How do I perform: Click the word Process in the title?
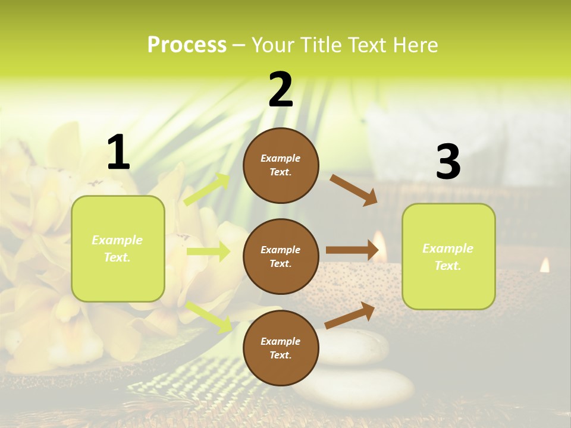pyautogui.click(x=187, y=45)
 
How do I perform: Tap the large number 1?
pyautogui.click(x=118, y=153)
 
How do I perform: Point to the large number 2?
pyautogui.click(x=281, y=90)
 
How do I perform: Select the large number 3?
pyautogui.click(x=448, y=162)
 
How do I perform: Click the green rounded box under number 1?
pyautogui.click(x=118, y=248)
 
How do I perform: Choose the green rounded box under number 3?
pyautogui.click(x=448, y=257)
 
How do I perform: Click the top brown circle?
pyautogui.click(x=281, y=165)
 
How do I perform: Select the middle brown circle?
pyautogui.click(x=281, y=257)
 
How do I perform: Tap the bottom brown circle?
pyautogui.click(x=281, y=348)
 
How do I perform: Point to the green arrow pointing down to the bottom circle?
pyautogui.click(x=209, y=316)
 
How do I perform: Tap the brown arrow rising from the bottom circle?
pyautogui.click(x=350, y=315)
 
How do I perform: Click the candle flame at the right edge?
pyautogui.click(x=545, y=265)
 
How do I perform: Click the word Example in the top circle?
pyautogui.click(x=281, y=159)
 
